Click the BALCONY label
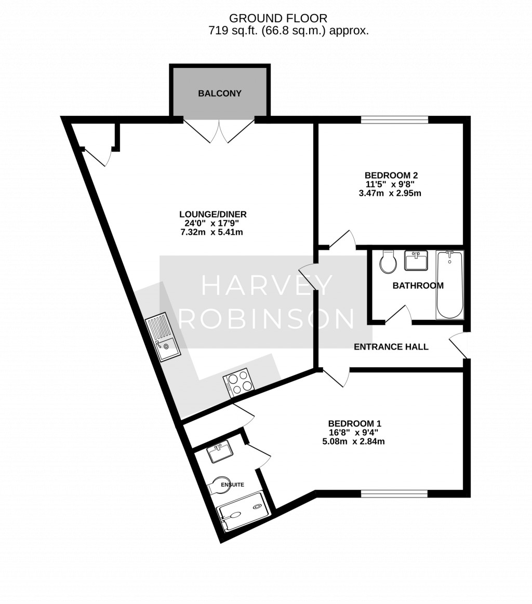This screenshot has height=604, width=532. [x=220, y=93]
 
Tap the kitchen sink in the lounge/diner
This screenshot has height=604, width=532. [x=163, y=337]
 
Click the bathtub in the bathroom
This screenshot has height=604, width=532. [x=449, y=285]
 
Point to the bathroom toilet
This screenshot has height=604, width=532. [x=388, y=261]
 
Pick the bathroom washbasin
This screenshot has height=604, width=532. [x=416, y=260]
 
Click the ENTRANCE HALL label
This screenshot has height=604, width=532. [x=391, y=347]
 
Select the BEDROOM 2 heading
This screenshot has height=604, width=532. [x=391, y=175]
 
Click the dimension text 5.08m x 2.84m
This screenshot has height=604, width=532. [x=353, y=441]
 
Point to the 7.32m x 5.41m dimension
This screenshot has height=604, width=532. [x=212, y=232]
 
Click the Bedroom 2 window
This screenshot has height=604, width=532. [x=394, y=120]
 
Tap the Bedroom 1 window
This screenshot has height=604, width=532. [x=394, y=493]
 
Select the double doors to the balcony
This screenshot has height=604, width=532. [x=219, y=131]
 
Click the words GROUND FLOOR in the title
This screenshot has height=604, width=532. [x=278, y=18]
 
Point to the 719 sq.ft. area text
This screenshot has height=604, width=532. [x=233, y=31]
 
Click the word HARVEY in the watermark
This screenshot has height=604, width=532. [x=267, y=286]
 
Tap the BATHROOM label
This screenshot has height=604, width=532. [x=418, y=286]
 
